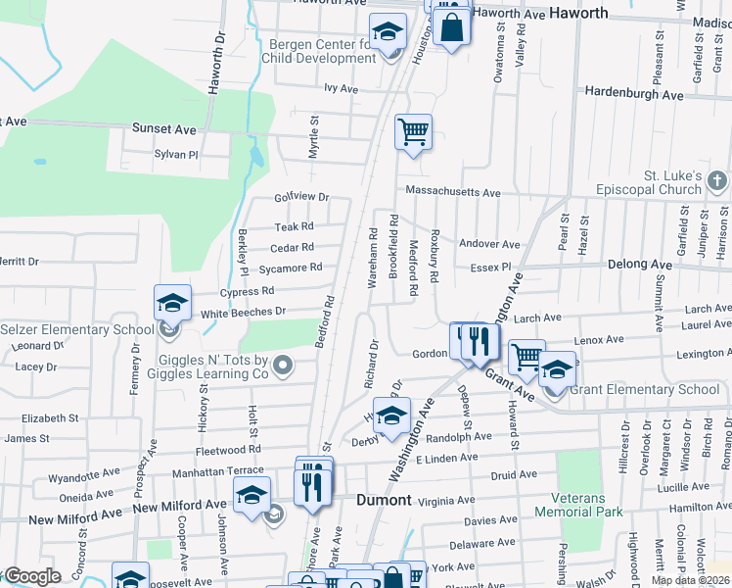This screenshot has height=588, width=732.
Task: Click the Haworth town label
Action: click(578, 13)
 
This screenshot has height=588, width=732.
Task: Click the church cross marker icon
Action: click(716, 180)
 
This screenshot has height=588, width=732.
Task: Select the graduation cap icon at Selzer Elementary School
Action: click(172, 303)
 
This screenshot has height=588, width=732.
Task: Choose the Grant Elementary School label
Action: click(644, 389)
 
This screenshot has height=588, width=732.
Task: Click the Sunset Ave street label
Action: click(164, 129)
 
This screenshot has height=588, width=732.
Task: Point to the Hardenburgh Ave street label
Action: click(633, 94)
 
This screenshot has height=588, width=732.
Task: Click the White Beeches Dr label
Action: click(243, 312)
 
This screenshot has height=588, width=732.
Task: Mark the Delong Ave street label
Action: click(639, 265)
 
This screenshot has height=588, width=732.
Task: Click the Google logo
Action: click(31, 576)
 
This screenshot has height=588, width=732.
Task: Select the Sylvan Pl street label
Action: click(176, 155)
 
